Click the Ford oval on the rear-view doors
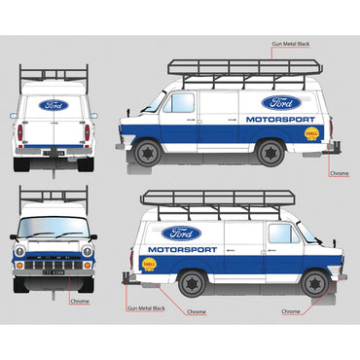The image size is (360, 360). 53,105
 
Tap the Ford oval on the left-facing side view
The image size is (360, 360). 281,102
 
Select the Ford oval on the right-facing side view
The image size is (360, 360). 182,234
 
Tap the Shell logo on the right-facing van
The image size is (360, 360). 149,263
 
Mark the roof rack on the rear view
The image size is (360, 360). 53,76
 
